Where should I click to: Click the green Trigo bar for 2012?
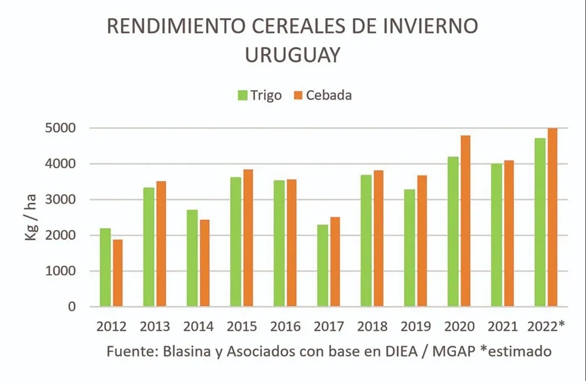pos(105,267)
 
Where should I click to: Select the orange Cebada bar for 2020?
pos(465,221)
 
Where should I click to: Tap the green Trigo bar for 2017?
pos(322,266)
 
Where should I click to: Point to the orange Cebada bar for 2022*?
pos(552,217)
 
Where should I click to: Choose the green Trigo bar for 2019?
pos(409,248)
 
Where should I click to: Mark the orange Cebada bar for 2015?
pos(248,238)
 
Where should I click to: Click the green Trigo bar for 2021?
pos(496,235)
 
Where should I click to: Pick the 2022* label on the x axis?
pos(546,327)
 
